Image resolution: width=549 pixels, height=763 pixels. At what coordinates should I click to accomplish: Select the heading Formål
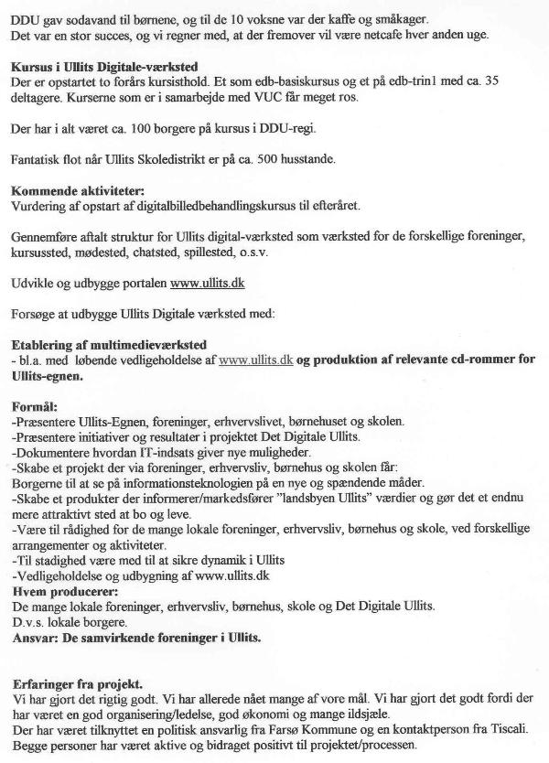click(33, 404)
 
